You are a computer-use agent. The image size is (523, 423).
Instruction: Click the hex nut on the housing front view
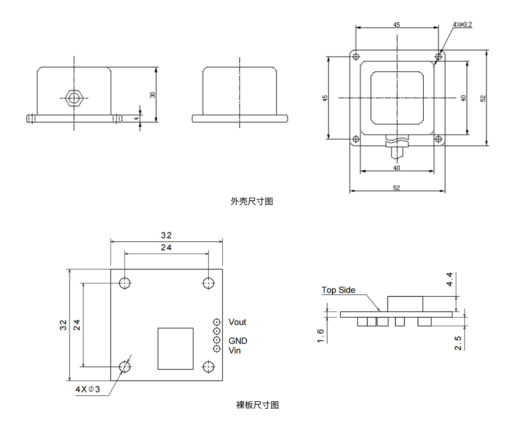[74, 98]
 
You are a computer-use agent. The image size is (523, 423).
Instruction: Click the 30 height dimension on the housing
[152, 95]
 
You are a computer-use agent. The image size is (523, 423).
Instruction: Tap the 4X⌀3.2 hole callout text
[462, 25]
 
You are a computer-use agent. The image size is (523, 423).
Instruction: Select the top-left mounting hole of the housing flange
[356, 56]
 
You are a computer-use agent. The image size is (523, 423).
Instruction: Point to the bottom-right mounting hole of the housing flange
[439, 139]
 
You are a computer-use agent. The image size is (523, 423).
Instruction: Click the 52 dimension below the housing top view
[396, 188]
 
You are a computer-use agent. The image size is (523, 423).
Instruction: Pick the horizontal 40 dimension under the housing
[396, 168]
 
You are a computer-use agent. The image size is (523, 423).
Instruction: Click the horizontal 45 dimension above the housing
[396, 25]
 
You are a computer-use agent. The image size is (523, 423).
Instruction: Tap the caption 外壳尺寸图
[252, 201]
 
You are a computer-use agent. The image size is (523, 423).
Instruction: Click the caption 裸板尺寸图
[257, 405]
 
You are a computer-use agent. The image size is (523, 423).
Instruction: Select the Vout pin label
[237, 322]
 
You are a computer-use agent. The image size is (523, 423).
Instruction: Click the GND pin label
[238, 341]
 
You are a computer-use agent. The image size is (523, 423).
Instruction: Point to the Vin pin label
[235, 351]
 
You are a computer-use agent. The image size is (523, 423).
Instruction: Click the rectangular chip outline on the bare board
[176, 349]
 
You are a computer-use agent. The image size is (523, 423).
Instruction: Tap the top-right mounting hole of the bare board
[208, 283]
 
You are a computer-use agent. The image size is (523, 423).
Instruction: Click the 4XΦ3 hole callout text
[88, 389]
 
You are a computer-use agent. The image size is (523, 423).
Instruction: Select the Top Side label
[338, 290]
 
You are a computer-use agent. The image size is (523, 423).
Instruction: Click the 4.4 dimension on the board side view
[449, 279]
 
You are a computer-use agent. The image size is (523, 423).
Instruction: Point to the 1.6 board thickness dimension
[321, 336]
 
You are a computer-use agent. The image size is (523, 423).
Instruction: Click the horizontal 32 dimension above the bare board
[166, 235]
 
